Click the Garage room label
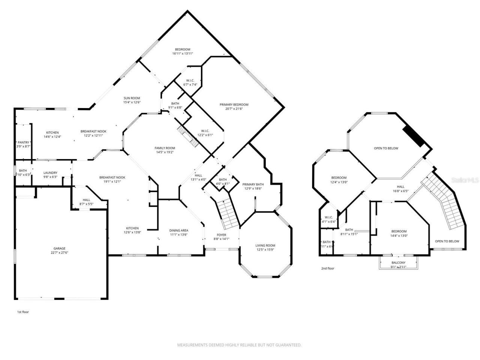pyautogui.click(x=59, y=248)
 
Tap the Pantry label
pyautogui.click(x=23, y=142)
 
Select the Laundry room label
pyautogui.click(x=50, y=173)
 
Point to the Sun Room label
pyautogui.click(x=132, y=98)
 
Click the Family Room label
pyautogui.click(x=165, y=148)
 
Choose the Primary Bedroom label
pyautogui.click(x=234, y=105)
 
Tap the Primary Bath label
pyautogui.click(x=253, y=184)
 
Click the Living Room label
pyautogui.click(x=265, y=246)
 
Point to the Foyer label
pyautogui.click(x=221, y=235)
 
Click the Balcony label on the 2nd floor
pyautogui.click(x=398, y=263)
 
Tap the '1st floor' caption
pyautogui.click(x=23, y=312)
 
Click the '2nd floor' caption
pyautogui.click(x=327, y=268)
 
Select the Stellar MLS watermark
pyautogui.click(x=465, y=180)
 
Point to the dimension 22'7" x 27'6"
pyautogui.click(x=59, y=253)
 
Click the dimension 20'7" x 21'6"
pyautogui.click(x=234, y=109)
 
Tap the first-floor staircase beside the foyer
pyautogui.click(x=227, y=214)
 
